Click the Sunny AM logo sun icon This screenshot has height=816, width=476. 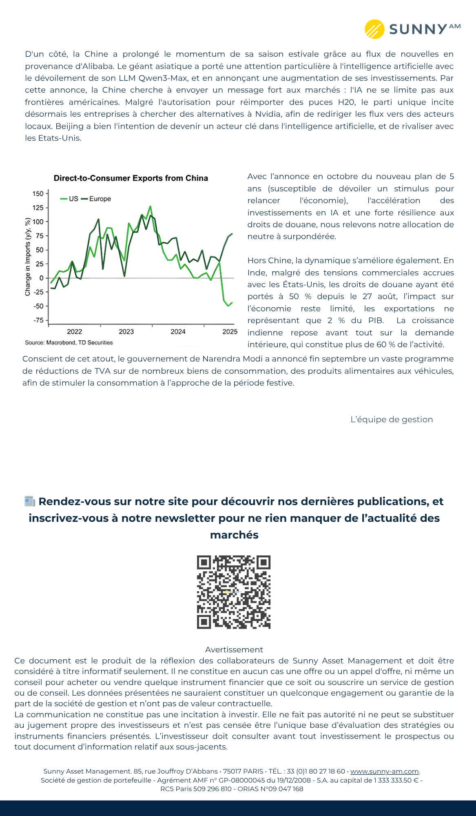(374, 29)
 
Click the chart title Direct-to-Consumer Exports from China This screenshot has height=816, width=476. (131, 178)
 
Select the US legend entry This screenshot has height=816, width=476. (70, 199)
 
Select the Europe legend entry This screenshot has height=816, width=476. (97, 199)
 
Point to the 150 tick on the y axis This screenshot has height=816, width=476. (38, 194)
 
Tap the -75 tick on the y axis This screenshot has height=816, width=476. (38, 320)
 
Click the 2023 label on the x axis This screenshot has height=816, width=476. (126, 332)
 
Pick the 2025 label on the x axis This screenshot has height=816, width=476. (230, 332)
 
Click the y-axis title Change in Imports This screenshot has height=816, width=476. (28, 257)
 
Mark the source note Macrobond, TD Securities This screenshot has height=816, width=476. (69, 343)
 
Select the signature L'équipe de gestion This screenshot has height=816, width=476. (392, 419)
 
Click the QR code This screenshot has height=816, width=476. (234, 592)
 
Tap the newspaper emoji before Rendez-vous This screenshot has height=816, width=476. (30, 501)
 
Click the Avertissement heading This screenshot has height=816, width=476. (234, 650)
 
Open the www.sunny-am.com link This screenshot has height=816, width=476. (384, 771)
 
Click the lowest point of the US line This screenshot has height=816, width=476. (228, 306)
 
